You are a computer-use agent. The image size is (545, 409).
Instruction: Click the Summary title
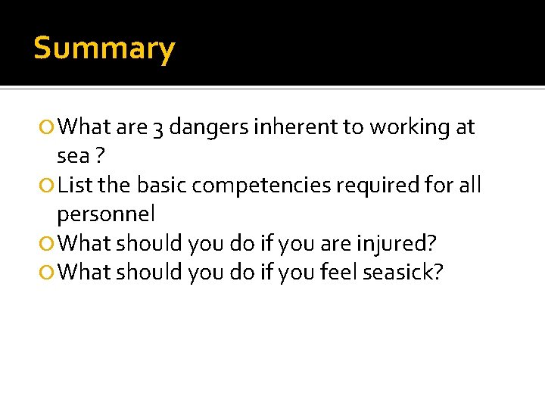(x=104, y=48)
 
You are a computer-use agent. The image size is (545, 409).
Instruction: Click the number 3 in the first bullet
(x=157, y=129)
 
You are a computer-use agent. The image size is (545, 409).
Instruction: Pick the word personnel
(x=106, y=214)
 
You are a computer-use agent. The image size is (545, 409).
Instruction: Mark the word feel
(x=339, y=272)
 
